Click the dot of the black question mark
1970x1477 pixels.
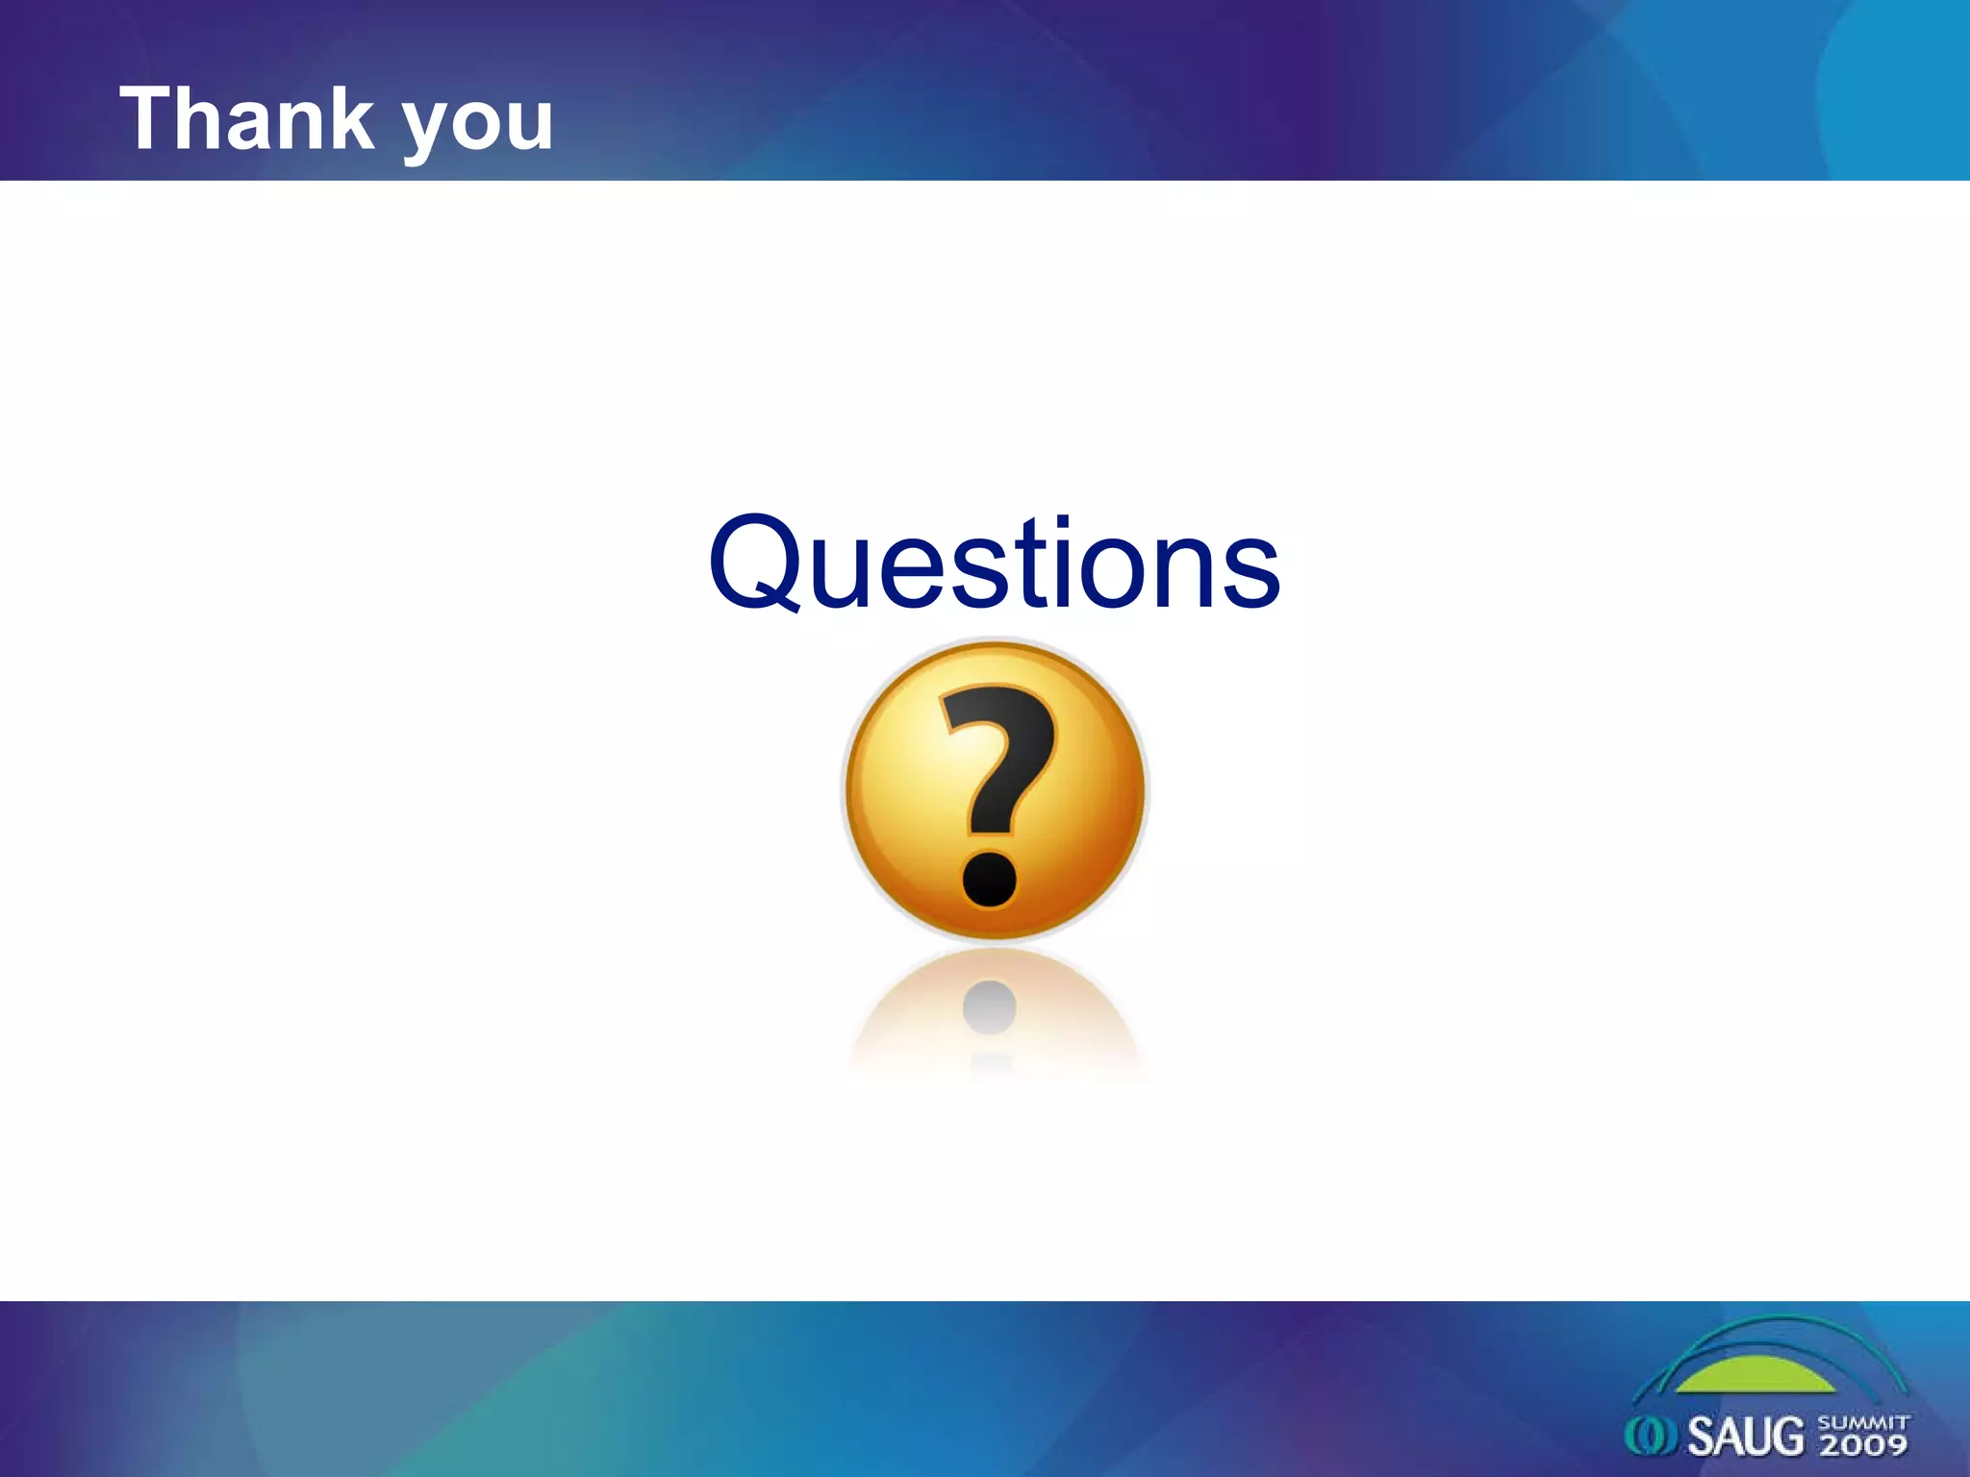point(990,878)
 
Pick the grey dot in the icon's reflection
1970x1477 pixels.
point(990,1007)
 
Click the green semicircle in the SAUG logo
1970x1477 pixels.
point(1756,1376)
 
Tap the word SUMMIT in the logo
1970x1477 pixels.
point(1863,1422)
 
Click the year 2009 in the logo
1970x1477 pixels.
point(1863,1444)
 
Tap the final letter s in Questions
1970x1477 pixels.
point(1254,574)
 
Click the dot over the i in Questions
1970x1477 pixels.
point(1062,524)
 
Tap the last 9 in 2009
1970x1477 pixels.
point(1894,1444)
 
